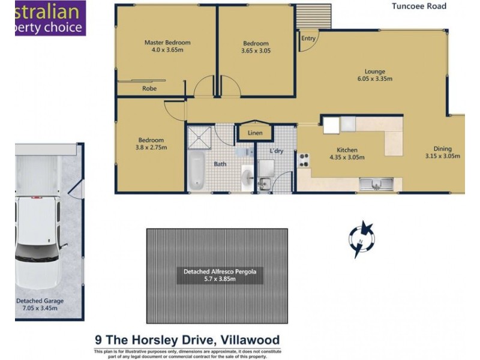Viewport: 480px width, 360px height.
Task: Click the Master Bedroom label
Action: tap(167, 43)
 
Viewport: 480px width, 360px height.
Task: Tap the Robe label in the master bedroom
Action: tap(149, 88)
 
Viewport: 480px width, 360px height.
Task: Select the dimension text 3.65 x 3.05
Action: tap(256, 51)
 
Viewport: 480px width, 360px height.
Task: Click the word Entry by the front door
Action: tap(308, 38)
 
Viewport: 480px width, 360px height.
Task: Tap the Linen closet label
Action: tap(255, 133)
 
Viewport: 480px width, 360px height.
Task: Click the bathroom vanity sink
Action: tap(247, 178)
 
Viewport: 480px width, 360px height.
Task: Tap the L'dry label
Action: tap(276, 151)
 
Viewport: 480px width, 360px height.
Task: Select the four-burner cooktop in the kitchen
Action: tap(303, 160)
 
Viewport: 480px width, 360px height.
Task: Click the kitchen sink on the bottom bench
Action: tap(376, 182)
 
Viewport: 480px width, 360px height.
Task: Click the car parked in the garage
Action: tap(38, 240)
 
